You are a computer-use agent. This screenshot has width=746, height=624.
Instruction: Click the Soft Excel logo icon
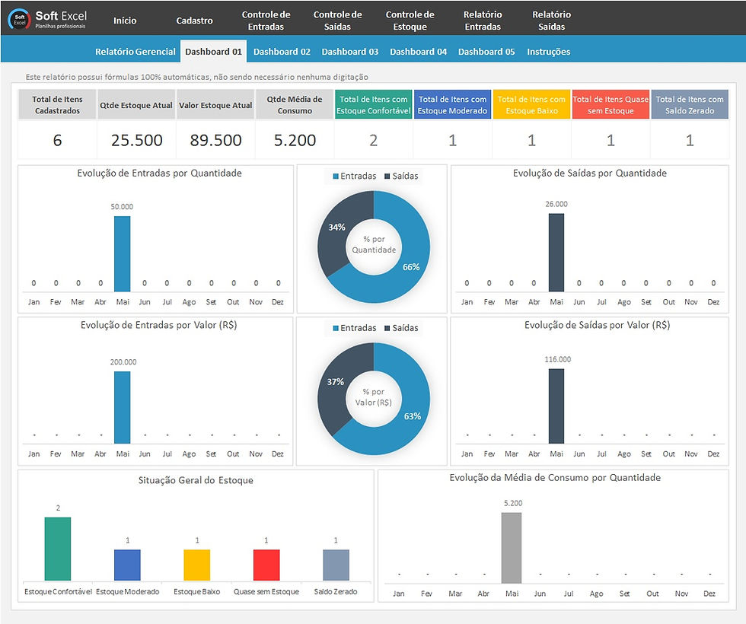click(19, 21)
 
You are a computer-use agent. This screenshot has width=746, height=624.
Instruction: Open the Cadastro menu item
click(194, 21)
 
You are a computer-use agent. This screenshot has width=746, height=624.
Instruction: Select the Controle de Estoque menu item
click(410, 21)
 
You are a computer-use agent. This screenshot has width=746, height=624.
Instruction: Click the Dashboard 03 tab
click(349, 52)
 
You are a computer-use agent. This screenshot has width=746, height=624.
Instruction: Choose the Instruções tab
click(548, 52)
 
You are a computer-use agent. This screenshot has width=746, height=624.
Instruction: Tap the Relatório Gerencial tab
click(135, 52)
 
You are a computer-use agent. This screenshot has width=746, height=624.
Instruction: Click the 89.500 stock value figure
click(215, 141)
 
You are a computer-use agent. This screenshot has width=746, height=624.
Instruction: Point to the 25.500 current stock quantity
click(136, 141)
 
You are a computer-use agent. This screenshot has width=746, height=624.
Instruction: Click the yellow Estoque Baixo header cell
click(531, 105)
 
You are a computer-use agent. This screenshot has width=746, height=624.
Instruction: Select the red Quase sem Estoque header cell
click(611, 105)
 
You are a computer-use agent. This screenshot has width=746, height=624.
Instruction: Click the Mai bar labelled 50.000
click(122, 253)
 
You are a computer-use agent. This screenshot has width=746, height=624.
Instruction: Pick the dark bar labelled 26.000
click(556, 252)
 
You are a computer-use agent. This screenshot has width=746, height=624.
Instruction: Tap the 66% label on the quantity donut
click(410, 267)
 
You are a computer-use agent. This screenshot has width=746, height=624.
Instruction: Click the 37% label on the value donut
click(336, 381)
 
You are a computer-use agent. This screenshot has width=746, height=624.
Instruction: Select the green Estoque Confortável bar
click(57, 549)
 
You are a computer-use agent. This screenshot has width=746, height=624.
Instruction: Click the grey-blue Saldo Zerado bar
click(336, 565)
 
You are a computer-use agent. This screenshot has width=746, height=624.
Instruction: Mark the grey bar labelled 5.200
click(512, 547)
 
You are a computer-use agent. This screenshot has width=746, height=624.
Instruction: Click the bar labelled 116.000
click(556, 406)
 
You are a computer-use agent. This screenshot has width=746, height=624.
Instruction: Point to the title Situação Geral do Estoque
click(196, 480)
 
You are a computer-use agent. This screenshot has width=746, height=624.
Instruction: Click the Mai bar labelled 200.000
click(122, 407)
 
